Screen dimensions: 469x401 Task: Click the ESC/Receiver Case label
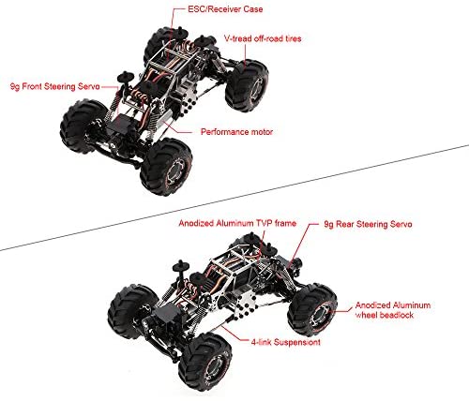(x=225, y=9)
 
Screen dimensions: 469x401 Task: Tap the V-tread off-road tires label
(x=263, y=38)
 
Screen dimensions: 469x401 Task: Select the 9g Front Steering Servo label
(x=55, y=86)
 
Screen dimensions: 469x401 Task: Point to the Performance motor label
(x=236, y=132)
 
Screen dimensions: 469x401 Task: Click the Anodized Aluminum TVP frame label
(x=237, y=223)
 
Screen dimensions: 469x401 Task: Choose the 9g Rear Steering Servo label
(x=368, y=224)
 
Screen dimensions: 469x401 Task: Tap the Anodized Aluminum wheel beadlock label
(x=393, y=310)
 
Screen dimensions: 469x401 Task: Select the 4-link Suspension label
(x=286, y=342)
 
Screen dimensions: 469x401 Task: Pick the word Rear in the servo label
(x=345, y=224)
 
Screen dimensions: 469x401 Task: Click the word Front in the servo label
(x=32, y=86)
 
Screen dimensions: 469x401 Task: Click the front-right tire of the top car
(x=166, y=167)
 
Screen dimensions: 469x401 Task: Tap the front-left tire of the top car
(x=83, y=126)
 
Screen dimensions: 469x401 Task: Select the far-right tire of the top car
(x=247, y=85)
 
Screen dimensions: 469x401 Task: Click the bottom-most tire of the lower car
(x=205, y=362)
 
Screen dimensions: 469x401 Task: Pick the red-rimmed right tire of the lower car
(x=312, y=309)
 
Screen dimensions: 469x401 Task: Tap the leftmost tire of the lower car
(x=131, y=312)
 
